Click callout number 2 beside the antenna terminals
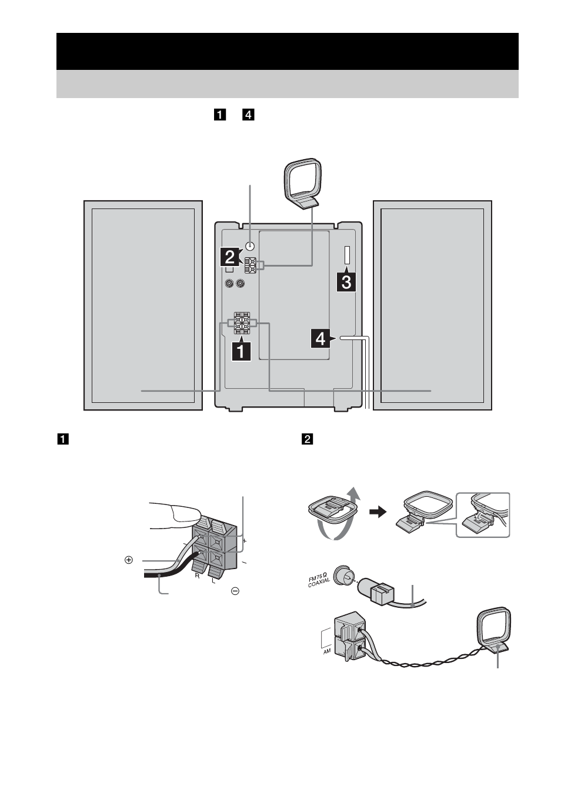230,257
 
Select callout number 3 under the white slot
345,282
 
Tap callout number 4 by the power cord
320,339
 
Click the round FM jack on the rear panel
251,247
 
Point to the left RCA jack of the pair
229,284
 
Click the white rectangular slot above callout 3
346,255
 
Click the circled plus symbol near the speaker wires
128,560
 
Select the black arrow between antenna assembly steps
376,512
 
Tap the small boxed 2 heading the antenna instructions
306,438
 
